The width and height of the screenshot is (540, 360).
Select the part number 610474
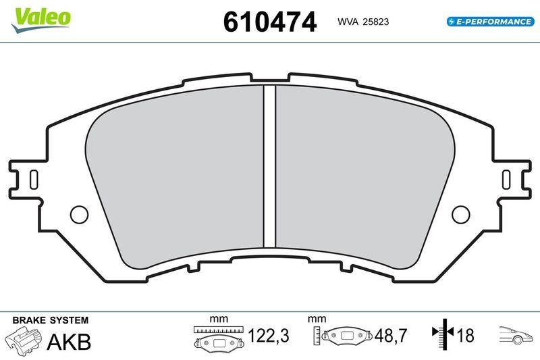tap(269, 22)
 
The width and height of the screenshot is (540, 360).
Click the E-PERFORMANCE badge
tap(490, 22)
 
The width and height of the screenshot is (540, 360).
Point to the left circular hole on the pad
tap(80, 214)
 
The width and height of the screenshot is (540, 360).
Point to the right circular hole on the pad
tap(460, 214)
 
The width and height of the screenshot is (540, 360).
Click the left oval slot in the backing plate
tap(32, 178)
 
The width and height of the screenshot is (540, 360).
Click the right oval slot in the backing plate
tap(508, 178)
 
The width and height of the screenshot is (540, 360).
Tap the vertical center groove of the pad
tap(270, 165)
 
